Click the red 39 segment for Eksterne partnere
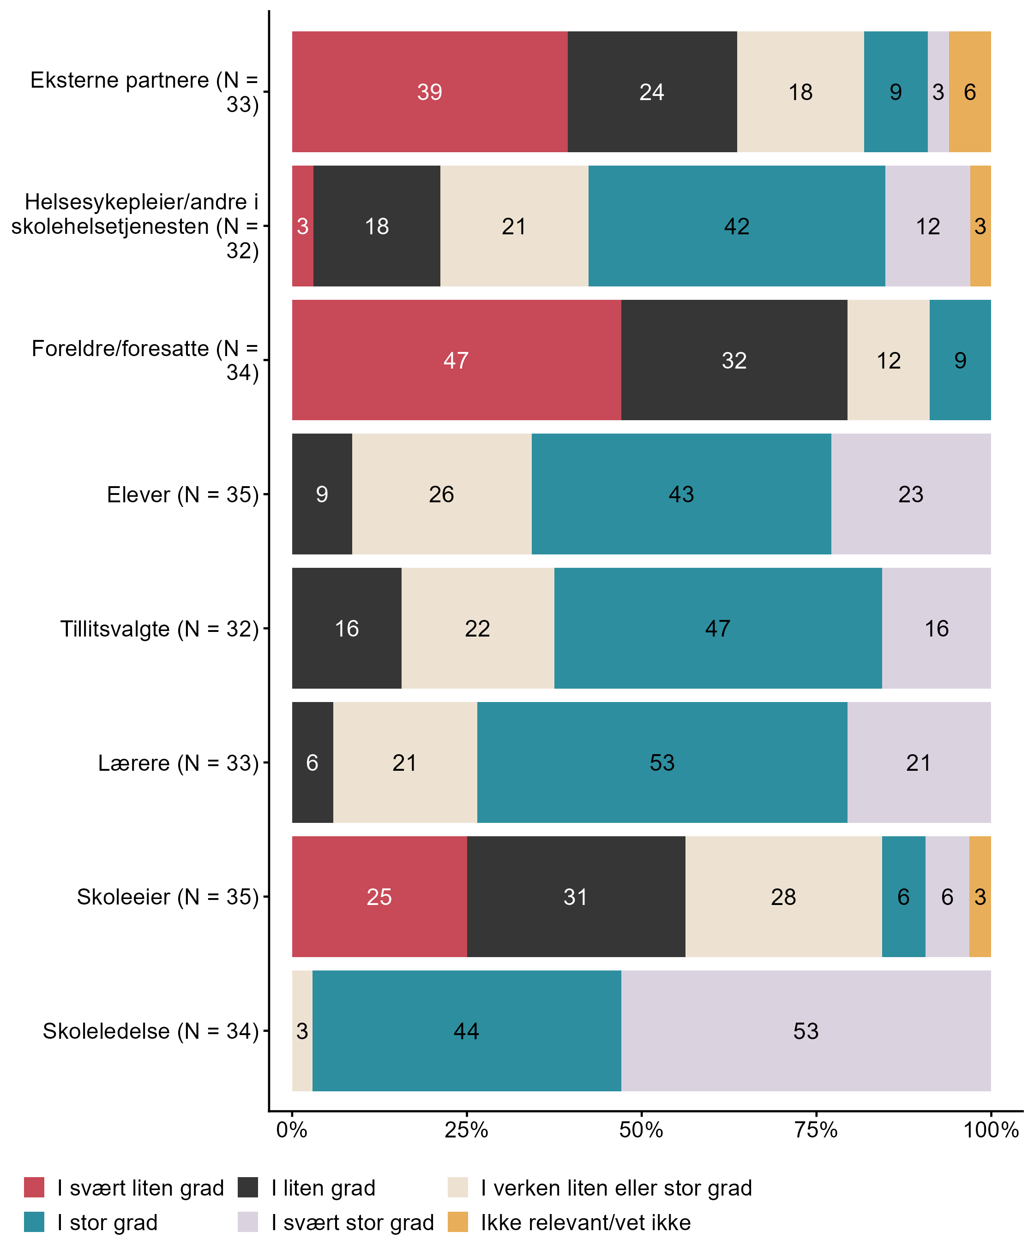tap(429, 92)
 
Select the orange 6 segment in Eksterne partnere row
tap(970, 92)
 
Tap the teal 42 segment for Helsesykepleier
tap(736, 226)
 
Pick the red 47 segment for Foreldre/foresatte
tap(456, 360)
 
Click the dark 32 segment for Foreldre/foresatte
tap(734, 360)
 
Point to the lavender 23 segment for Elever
tap(911, 494)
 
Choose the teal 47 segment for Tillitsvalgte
tap(718, 629)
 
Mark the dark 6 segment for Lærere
tap(312, 762)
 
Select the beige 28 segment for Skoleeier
tap(783, 897)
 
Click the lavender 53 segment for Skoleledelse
tap(806, 1031)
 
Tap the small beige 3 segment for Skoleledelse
tap(302, 1031)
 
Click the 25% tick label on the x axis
tap(466, 1130)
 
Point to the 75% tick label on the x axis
tap(816, 1130)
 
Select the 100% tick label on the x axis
tap(991, 1130)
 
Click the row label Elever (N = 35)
tap(183, 494)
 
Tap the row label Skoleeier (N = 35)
tap(168, 897)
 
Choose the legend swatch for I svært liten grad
tap(34, 1188)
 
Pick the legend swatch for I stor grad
tap(34, 1222)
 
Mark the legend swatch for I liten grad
tap(248, 1188)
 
